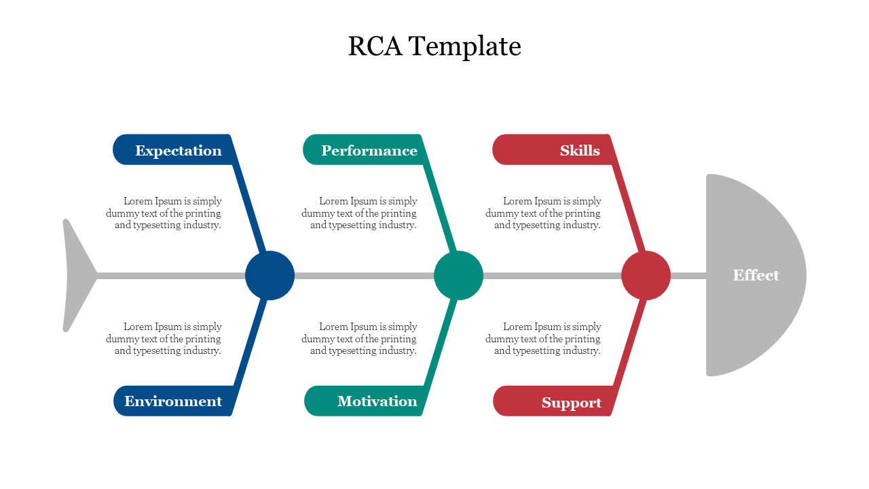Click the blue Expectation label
[178, 150]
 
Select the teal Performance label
[369, 150]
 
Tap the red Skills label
[579, 150]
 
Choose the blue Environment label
[173, 401]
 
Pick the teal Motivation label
[377, 401]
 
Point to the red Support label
[571, 403]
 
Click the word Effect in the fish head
[756, 275]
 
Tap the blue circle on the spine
[270, 275]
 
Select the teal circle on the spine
[458, 275]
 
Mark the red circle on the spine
[646, 275]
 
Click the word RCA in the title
[375, 46]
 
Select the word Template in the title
[466, 46]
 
